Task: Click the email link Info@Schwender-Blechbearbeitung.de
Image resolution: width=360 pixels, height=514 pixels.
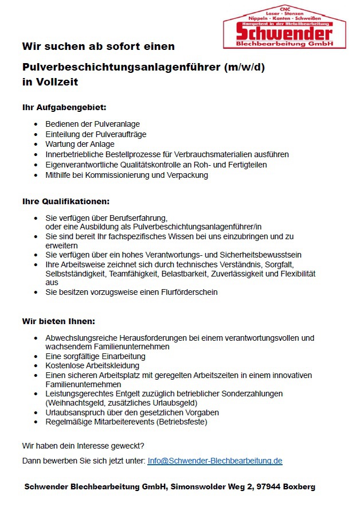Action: tap(215, 461)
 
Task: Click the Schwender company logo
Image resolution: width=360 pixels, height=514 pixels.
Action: tap(284, 26)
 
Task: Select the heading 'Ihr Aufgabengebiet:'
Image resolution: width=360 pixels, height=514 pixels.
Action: tap(64, 107)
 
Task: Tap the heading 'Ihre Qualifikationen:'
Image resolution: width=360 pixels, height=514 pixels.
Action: tap(65, 201)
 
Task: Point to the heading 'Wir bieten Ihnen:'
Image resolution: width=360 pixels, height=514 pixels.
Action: tap(58, 321)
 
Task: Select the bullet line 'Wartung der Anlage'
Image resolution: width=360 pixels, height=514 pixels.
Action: tap(80, 144)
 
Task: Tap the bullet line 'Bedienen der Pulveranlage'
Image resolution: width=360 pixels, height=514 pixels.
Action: tap(92, 124)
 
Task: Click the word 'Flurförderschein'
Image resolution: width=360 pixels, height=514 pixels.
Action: tap(189, 292)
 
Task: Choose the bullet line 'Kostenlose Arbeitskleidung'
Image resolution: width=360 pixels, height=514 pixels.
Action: tap(92, 365)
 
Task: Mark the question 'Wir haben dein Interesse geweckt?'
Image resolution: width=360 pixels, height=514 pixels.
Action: tap(83, 445)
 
